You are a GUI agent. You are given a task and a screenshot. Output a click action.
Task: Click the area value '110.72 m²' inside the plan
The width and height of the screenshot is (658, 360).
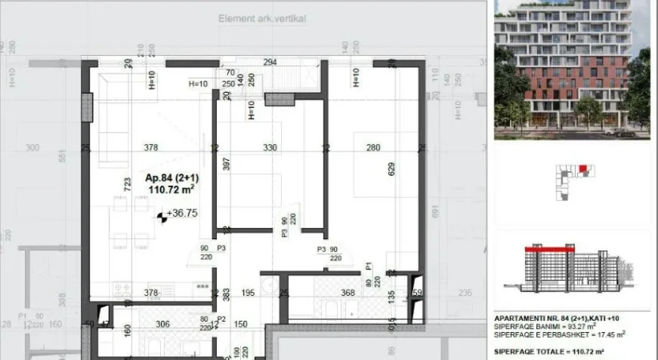pos(172,190)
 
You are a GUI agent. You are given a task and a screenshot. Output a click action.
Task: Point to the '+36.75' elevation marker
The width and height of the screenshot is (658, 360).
pos(181,214)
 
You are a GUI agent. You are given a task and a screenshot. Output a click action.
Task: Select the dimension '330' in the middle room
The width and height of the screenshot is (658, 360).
pos(270,147)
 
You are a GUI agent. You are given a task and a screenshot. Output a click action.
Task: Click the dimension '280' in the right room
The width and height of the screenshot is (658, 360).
pos(373,147)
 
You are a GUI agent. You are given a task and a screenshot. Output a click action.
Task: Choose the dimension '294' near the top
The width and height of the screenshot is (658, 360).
pos(270,62)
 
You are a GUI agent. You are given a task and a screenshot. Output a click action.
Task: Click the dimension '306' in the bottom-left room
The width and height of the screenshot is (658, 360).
pos(162,323)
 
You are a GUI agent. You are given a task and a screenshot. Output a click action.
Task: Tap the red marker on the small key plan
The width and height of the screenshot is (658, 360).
pos(583,168)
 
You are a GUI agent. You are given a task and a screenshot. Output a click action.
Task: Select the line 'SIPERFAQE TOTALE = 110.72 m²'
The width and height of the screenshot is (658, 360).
pos(549,352)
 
